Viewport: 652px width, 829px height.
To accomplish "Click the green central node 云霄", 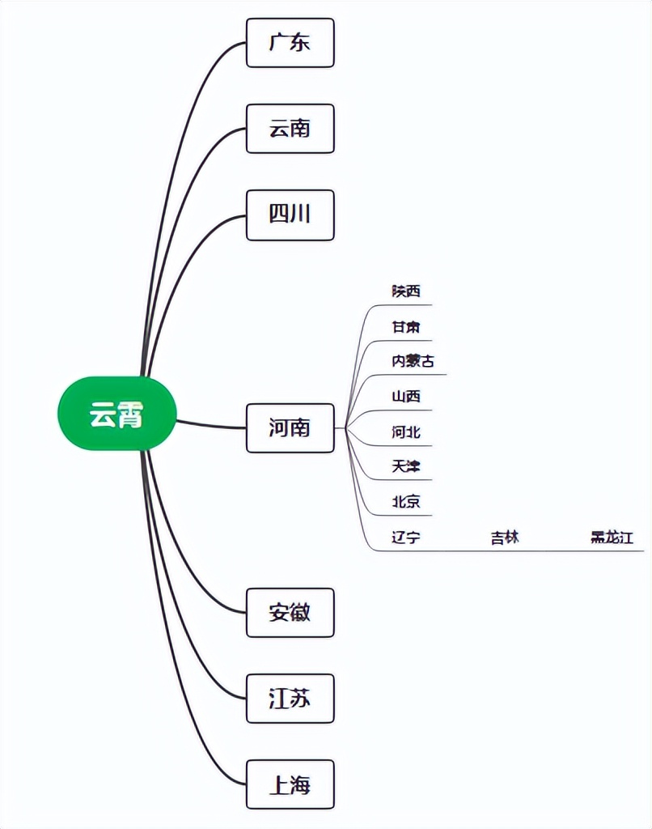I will pyautogui.click(x=116, y=414).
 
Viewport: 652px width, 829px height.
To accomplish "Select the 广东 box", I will pyautogui.click(x=290, y=43).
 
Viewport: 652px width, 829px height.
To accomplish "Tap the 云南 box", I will pyautogui.click(x=290, y=129).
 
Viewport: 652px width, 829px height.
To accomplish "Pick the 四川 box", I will pyautogui.click(x=290, y=215).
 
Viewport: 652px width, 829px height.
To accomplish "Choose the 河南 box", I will pyautogui.click(x=290, y=427).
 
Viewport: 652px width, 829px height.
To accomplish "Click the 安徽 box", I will pyautogui.click(x=290, y=613).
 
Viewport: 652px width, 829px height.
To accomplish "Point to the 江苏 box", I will pyautogui.click(x=290, y=699).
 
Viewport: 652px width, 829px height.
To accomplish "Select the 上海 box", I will pyautogui.click(x=290, y=784).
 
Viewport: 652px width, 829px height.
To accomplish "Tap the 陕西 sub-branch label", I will pyautogui.click(x=406, y=291).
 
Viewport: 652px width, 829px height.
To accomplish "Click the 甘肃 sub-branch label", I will pyautogui.click(x=406, y=327).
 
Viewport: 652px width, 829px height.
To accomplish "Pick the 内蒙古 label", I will pyautogui.click(x=413, y=361).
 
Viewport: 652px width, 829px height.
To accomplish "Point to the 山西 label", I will pyautogui.click(x=406, y=397).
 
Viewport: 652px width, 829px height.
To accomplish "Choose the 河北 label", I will pyautogui.click(x=406, y=432).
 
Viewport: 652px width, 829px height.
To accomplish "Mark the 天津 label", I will pyautogui.click(x=406, y=466).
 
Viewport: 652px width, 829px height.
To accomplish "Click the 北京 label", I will pyautogui.click(x=406, y=502).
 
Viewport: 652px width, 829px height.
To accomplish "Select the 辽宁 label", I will pyautogui.click(x=406, y=537).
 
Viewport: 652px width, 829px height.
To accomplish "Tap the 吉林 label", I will pyautogui.click(x=505, y=537).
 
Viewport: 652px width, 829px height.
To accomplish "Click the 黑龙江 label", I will pyautogui.click(x=612, y=537).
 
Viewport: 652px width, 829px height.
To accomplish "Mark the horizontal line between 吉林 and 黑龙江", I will pyautogui.click(x=558, y=551).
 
